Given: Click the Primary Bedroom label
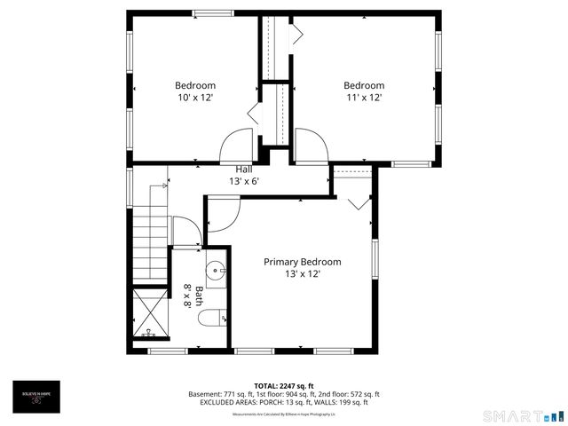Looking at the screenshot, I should click(302, 262).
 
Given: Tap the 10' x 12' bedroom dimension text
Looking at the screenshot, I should click(195, 98).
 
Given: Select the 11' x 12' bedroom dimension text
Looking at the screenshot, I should click(364, 98).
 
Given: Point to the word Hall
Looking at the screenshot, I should click(244, 170).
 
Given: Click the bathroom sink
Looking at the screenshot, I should click(216, 271).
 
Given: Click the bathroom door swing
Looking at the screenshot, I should click(185, 233).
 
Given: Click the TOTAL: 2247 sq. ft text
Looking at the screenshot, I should click(284, 386).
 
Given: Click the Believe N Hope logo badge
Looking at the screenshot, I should click(37, 394).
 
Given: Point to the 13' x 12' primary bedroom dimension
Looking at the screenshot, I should click(302, 274).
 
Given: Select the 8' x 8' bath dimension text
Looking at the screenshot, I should click(187, 296).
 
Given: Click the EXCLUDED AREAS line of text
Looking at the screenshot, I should click(284, 403).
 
